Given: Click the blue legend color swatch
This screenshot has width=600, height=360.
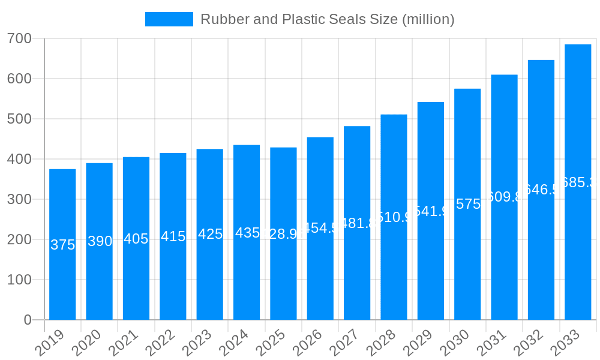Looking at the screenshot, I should [169, 19].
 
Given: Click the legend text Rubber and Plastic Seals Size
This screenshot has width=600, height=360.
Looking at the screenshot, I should [327, 19].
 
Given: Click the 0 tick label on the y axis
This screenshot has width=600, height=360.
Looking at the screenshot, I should [28, 320].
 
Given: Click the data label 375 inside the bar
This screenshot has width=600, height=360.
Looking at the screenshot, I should [62, 245].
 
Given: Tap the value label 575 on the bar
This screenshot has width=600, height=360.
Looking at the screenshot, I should [468, 204].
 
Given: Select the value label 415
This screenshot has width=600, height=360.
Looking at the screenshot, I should [173, 236].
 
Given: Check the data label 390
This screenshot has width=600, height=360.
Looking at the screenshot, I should [100, 241].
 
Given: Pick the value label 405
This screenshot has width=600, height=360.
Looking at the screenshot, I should [136, 239].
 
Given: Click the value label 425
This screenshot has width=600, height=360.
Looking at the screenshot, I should [210, 234].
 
